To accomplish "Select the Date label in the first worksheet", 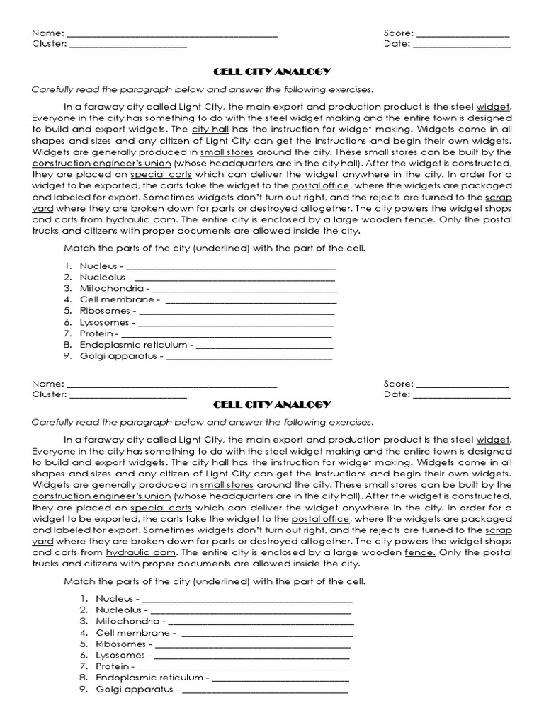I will [x=397, y=44].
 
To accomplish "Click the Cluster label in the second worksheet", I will [x=48, y=394].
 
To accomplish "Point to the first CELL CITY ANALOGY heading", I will [x=272, y=72].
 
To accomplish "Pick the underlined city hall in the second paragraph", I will [x=210, y=462].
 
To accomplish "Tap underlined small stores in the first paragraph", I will [x=226, y=152].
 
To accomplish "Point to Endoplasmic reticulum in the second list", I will [x=149, y=678].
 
